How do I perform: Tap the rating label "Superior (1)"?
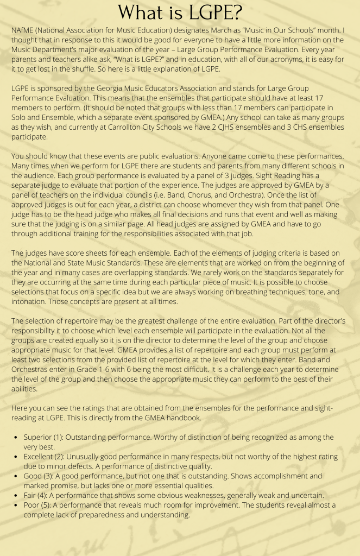[46, 437]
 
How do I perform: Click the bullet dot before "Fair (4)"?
[17, 495]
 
